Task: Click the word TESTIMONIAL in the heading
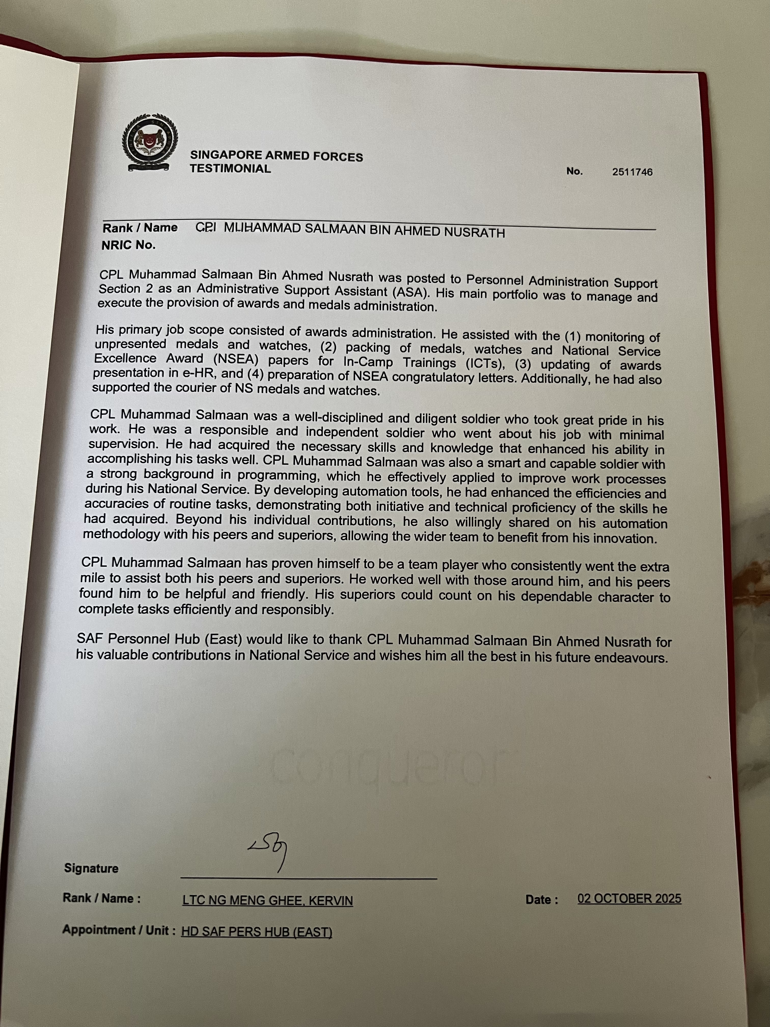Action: coord(230,169)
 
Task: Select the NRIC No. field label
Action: coord(129,245)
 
